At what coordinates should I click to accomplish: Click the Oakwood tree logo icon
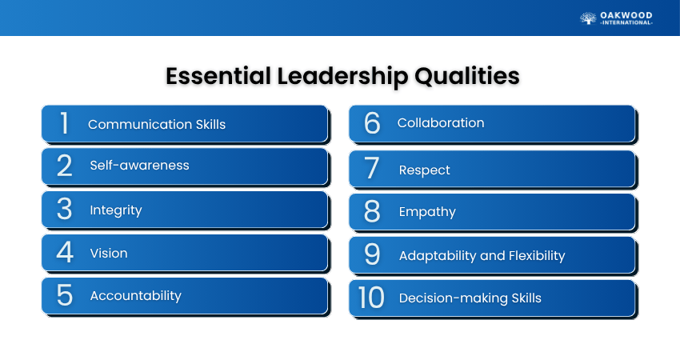tap(588, 18)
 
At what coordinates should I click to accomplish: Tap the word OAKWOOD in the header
tap(626, 16)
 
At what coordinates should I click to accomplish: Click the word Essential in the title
tap(218, 76)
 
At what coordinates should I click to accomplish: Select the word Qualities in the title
tap(467, 76)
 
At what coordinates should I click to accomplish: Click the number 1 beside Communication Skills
tap(64, 123)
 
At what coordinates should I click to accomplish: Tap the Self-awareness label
tap(140, 166)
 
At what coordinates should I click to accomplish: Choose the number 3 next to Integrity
tap(64, 209)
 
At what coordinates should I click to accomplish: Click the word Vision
tap(109, 253)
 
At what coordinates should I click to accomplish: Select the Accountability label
tap(136, 296)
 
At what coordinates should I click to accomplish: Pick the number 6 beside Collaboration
tap(372, 122)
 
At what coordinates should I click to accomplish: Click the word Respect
tap(425, 170)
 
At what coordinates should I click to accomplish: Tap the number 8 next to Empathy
tap(372, 211)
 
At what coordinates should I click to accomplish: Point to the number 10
tap(371, 298)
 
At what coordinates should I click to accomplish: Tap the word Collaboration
tap(441, 122)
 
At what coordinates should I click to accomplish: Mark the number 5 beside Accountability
tap(65, 295)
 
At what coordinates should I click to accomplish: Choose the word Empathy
tap(427, 212)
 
